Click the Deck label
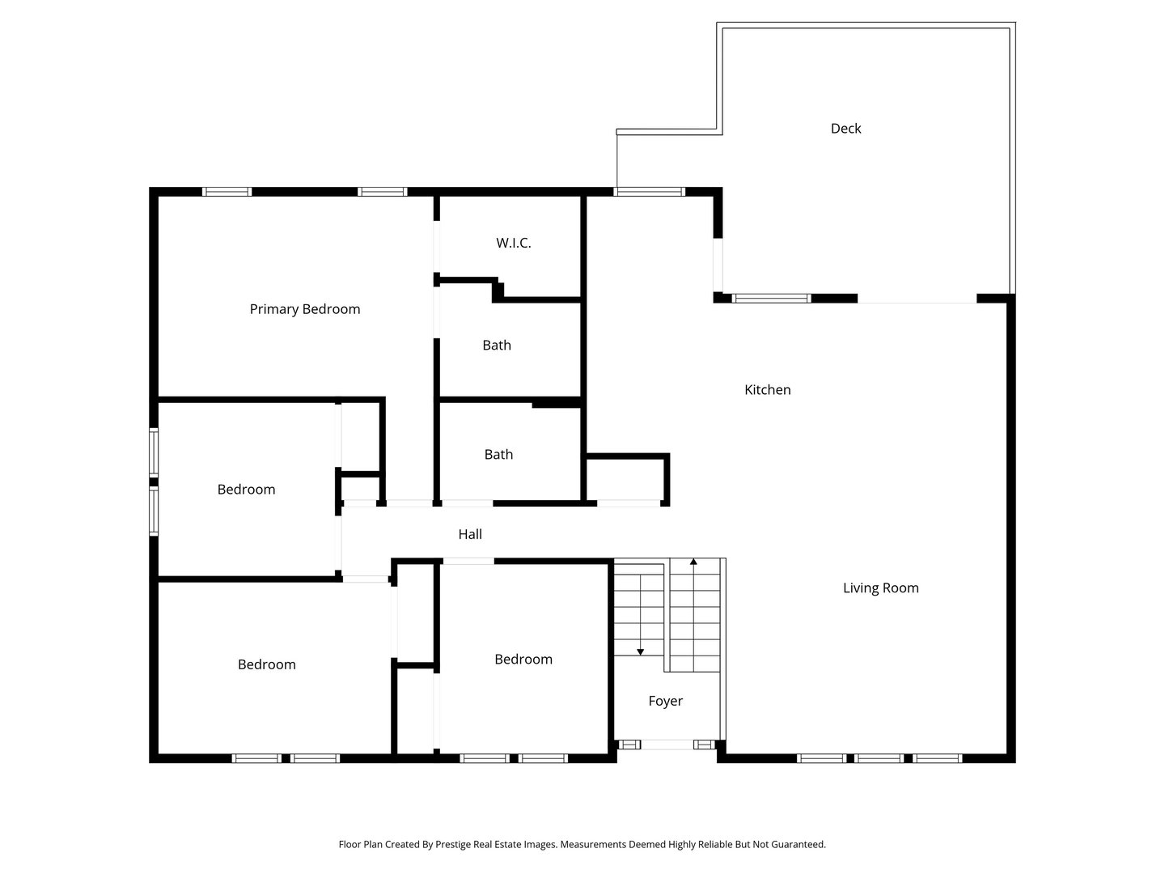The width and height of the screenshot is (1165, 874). tap(845, 128)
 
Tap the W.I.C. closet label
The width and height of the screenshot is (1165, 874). tap(514, 243)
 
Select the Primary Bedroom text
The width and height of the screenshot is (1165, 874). tap(304, 309)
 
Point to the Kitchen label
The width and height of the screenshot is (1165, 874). tap(767, 390)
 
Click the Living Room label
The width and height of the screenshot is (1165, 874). tap(880, 588)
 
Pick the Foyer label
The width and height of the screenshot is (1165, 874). tap(665, 701)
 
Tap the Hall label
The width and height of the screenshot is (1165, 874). tap(470, 534)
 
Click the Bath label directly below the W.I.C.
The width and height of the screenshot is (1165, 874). tap(497, 346)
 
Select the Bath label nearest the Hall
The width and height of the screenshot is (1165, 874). tap(498, 455)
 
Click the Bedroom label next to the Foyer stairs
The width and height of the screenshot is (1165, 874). tap(523, 660)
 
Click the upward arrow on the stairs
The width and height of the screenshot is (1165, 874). tap(693, 562)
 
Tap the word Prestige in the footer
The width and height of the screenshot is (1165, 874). tap(458, 844)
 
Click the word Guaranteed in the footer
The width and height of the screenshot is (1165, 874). tap(795, 844)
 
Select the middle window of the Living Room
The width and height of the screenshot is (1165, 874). tap(879, 758)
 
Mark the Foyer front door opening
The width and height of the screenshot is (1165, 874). tap(667, 745)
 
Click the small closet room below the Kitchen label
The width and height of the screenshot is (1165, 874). tap(625, 479)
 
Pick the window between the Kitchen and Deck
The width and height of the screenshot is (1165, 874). tap(771, 299)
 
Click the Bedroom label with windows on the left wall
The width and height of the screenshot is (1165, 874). tap(246, 490)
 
